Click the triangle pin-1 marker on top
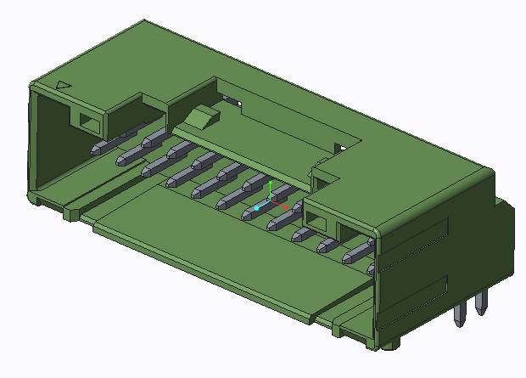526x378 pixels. point(63,86)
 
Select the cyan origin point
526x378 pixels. point(256,207)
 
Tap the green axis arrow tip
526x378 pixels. point(269,183)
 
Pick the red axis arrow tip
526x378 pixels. point(287,206)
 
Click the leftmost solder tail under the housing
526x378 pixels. point(459,314)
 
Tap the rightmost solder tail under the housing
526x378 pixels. point(482,302)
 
